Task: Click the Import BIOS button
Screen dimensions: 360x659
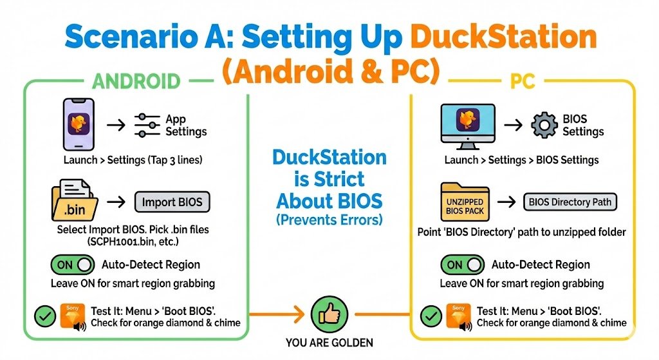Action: coord(172,202)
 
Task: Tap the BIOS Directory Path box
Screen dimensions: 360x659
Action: coord(570,202)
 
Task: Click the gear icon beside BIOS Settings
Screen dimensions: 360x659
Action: coord(544,125)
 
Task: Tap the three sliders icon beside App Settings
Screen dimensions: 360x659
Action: coord(147,125)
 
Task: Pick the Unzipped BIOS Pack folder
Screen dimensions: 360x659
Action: coord(465,202)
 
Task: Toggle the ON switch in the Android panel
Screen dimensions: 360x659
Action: coord(72,265)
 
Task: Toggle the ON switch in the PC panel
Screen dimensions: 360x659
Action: coord(462,265)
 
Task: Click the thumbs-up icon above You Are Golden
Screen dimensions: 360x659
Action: coord(329,315)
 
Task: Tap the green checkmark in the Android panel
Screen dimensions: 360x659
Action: coord(44,316)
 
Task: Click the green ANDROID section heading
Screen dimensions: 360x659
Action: coord(136,81)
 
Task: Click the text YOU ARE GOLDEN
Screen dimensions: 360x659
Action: coord(329,343)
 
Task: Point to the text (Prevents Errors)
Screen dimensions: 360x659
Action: coord(329,219)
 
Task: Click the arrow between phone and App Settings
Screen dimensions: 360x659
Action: coord(116,125)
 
